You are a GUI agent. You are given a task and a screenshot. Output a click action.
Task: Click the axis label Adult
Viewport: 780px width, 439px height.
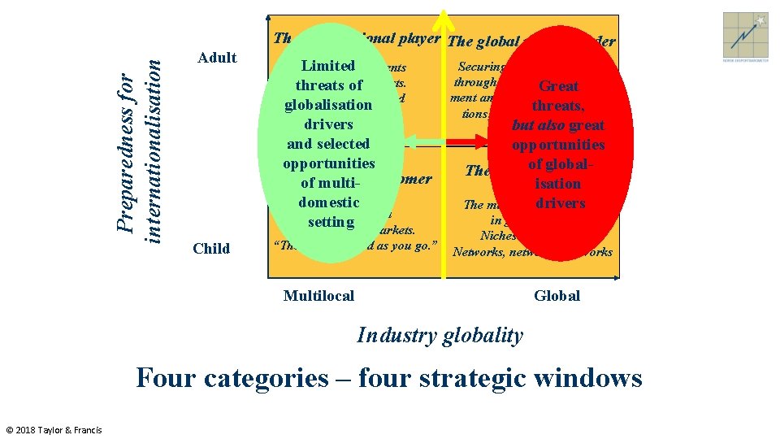[217, 58]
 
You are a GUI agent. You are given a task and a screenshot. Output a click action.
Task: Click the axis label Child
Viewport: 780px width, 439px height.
[211, 249]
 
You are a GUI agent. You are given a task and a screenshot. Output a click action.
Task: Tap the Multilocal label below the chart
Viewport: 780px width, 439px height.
[318, 296]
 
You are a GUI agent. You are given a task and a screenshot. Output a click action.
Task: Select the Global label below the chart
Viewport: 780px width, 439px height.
[557, 296]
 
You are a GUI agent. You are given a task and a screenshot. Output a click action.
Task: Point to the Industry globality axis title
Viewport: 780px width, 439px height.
[440, 335]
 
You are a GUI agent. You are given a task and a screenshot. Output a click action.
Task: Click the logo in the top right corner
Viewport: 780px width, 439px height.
[745, 35]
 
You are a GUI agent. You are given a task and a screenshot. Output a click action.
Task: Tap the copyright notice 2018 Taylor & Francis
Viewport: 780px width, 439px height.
[54, 429]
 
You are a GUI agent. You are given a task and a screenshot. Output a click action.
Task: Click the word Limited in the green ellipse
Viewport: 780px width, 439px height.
[328, 66]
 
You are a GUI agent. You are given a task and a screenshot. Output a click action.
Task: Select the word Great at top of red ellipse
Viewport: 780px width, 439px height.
[559, 86]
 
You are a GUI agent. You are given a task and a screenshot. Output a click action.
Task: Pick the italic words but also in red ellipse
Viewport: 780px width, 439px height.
[536, 125]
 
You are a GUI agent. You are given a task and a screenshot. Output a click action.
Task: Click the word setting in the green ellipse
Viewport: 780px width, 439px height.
[331, 222]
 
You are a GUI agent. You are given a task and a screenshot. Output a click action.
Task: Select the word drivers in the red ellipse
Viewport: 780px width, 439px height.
[560, 203]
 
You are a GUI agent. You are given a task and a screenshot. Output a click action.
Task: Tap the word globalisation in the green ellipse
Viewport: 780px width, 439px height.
[328, 105]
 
